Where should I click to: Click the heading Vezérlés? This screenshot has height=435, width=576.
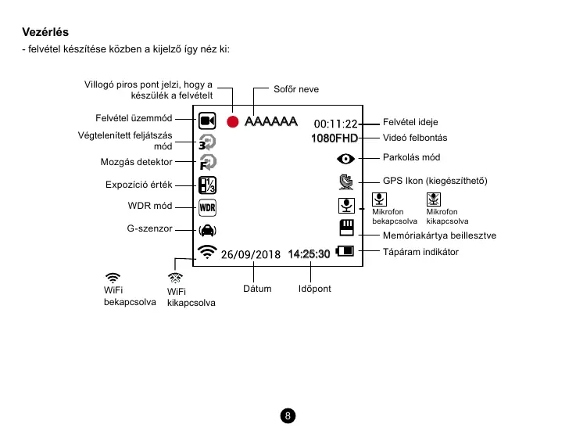point(47,33)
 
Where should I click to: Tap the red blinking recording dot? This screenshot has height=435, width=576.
point(232,121)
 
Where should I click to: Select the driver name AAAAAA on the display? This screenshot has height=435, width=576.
point(270,121)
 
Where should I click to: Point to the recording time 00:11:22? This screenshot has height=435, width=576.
point(335,124)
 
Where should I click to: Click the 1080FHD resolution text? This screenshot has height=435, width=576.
point(334,138)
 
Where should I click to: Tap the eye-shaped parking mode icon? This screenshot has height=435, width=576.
point(345,158)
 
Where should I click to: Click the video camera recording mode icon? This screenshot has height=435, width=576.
point(207,120)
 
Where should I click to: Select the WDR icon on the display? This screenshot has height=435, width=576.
point(207,208)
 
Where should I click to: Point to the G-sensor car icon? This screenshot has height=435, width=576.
point(207,231)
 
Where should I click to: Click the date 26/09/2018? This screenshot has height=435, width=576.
point(250,254)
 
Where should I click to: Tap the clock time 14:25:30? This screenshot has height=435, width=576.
point(309,254)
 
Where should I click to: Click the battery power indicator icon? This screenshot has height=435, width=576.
point(345,252)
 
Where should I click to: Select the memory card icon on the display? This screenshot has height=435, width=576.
point(346,228)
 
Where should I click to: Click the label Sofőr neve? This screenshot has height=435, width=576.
point(295,89)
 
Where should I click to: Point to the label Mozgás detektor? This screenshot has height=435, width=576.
point(136,163)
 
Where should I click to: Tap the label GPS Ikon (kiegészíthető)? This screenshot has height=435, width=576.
point(435,181)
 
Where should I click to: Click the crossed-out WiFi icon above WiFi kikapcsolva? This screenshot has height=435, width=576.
point(176,277)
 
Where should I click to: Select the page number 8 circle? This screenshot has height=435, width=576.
point(288,415)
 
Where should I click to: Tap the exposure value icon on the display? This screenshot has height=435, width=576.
point(207,185)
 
